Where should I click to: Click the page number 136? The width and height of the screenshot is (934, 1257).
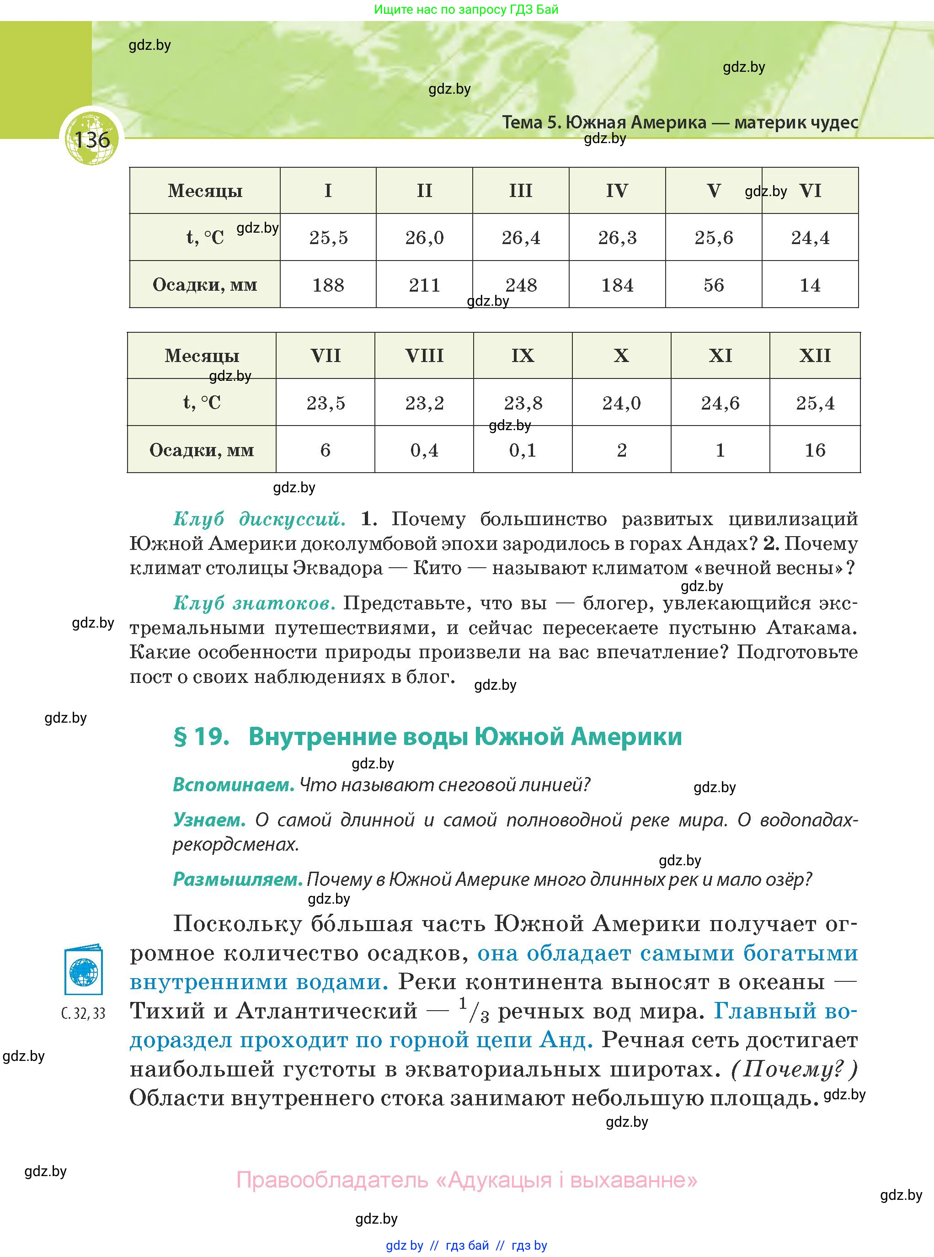coord(91,139)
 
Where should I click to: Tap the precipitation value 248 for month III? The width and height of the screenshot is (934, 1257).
coord(521,285)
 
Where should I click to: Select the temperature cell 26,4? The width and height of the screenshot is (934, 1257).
coord(521,237)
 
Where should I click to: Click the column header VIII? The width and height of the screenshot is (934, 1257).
coord(424,356)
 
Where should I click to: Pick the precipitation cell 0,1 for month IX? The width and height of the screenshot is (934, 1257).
coord(523,450)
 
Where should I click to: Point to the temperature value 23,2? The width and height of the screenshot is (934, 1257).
coord(424,403)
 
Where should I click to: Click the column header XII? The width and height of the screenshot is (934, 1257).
coord(815,356)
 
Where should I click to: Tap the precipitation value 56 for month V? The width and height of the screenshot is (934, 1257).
coord(714,285)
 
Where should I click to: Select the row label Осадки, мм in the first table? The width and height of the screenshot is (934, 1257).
coord(205,284)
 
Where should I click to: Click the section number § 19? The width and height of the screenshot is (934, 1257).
coord(201,736)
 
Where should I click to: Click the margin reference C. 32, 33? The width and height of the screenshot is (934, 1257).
coord(84,1013)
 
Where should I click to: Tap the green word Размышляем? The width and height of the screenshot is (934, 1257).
coord(237,879)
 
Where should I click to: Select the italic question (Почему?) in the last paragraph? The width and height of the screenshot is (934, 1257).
coord(794,1069)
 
